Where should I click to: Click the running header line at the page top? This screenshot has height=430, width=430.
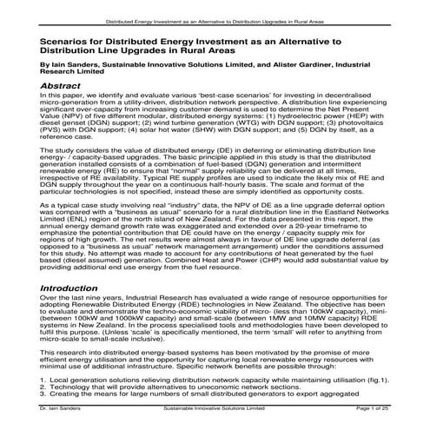pos(215,17)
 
